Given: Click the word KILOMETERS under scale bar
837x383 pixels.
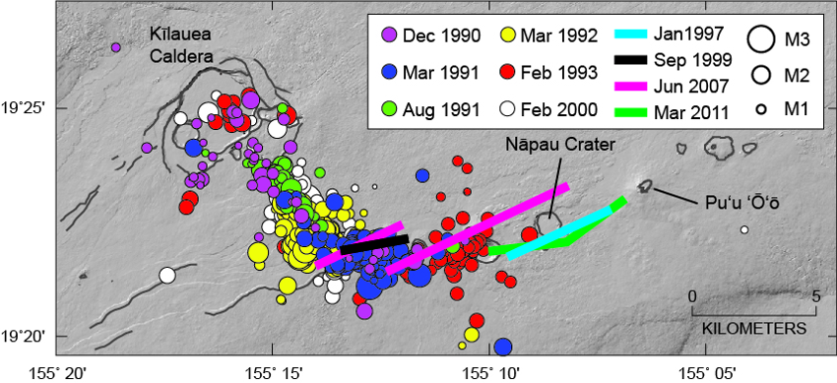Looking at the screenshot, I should (x=753, y=326).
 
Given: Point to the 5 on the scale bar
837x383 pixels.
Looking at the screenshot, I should (x=816, y=295).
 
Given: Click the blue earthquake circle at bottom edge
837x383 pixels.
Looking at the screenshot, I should (x=503, y=347).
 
